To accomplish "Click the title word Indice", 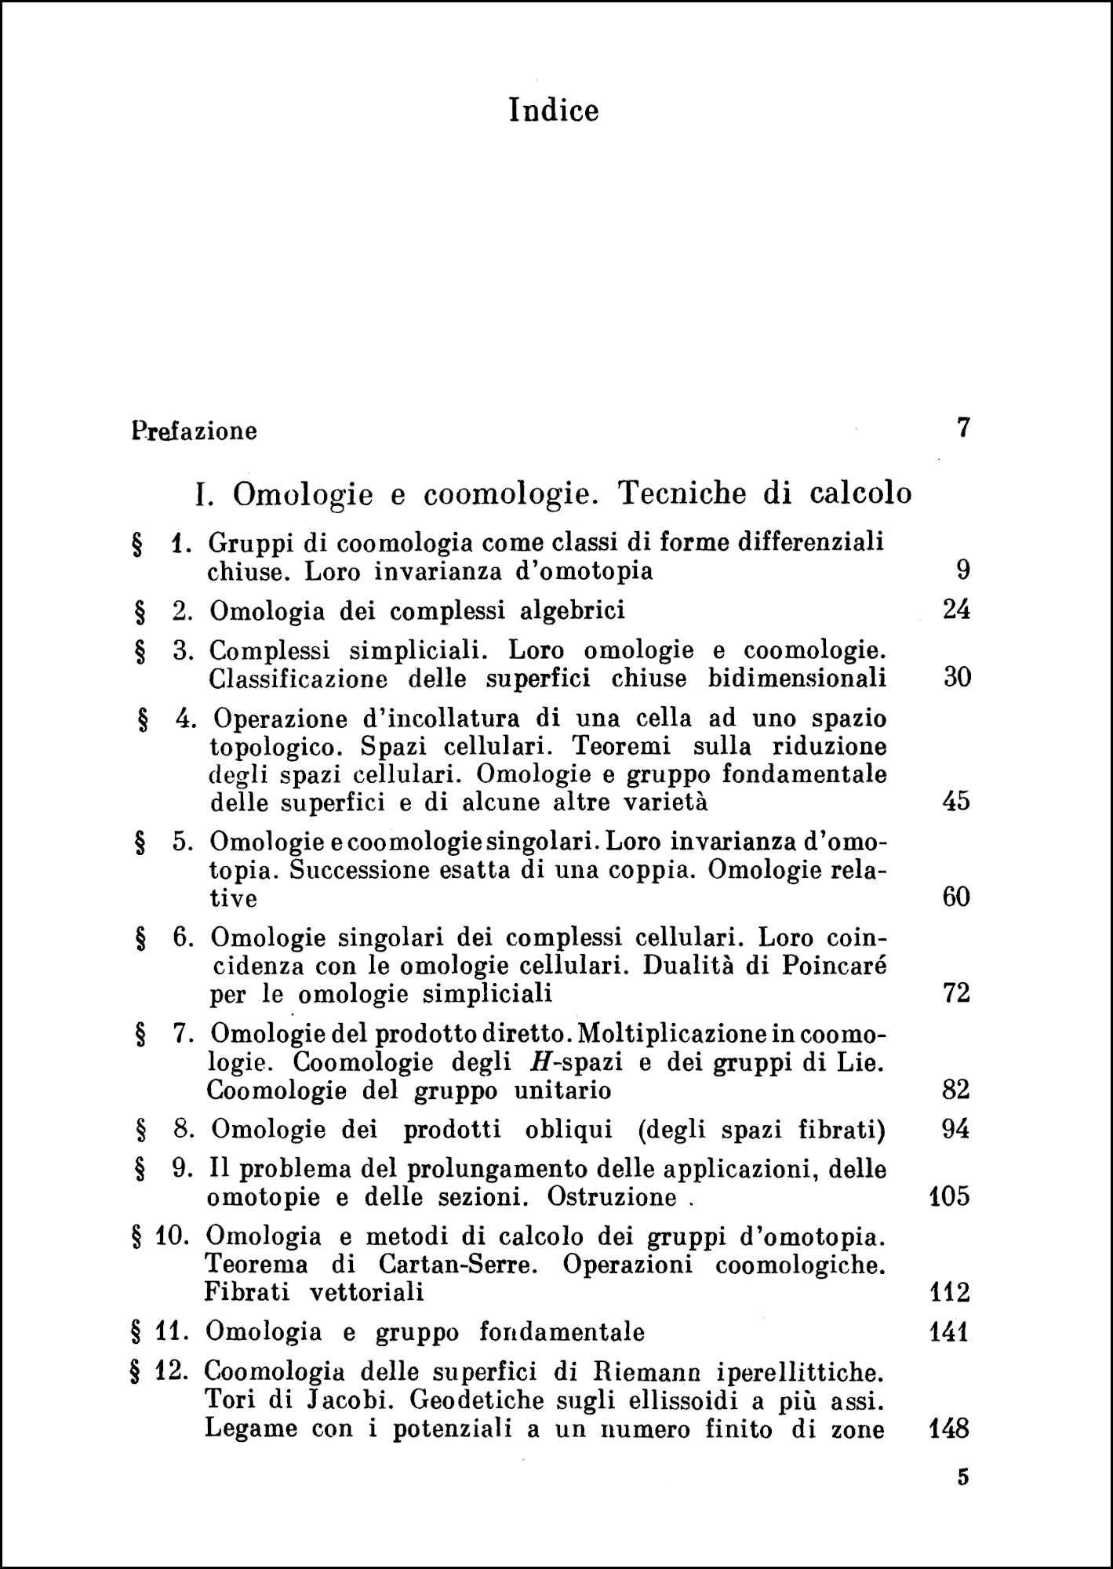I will [554, 110].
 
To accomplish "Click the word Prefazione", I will [195, 431].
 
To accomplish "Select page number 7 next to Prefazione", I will [964, 428].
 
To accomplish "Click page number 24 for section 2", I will [956, 610].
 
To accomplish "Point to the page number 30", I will [957, 678].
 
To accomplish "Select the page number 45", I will [955, 802].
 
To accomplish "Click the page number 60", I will [956, 897].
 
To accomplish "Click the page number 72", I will [956, 995].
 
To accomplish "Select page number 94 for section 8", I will [955, 1130].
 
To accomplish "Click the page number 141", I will [948, 1332].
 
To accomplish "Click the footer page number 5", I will [963, 1478].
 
